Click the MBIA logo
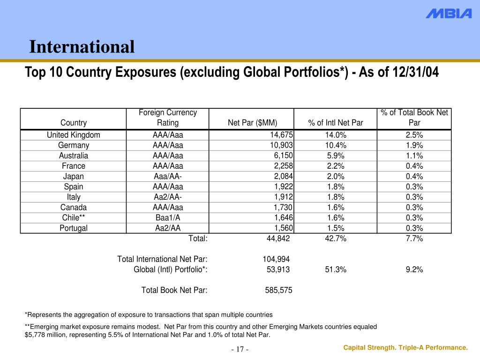[x=449, y=14]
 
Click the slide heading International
[x=82, y=47]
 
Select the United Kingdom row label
[x=73, y=135]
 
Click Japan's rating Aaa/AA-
[x=168, y=176]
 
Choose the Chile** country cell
[x=73, y=217]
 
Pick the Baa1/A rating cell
[x=168, y=217]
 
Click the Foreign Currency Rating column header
[x=168, y=118]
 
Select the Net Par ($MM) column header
[x=253, y=123]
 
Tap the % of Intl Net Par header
[x=336, y=123]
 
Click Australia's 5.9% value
[x=336, y=156]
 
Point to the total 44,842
[x=278, y=238]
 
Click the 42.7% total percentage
[x=336, y=238]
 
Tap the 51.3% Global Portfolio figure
[x=336, y=269]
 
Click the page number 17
[x=240, y=350]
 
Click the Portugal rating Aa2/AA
[x=168, y=228]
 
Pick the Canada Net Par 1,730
[x=283, y=207]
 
